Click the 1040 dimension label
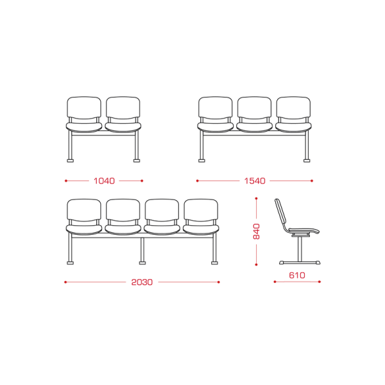pyautogui.click(x=104, y=181)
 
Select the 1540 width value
pyautogui.click(x=255, y=181)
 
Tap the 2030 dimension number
pyautogui.click(x=142, y=282)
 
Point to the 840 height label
pyautogui.click(x=256, y=231)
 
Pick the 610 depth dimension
pyautogui.click(x=297, y=275)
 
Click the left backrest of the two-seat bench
pyautogui.click(x=84, y=108)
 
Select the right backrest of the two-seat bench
pyautogui.click(x=123, y=108)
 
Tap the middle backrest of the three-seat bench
pyautogui.click(x=254, y=108)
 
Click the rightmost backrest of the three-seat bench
pyautogui.click(x=293, y=108)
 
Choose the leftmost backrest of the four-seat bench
pyautogui.click(x=84, y=210)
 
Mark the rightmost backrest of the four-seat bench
pyautogui.click(x=201, y=210)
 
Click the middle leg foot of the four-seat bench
pyautogui.click(x=142, y=263)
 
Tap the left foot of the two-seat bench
pyautogui.click(x=70, y=160)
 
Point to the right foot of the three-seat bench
pyautogui.click(x=307, y=160)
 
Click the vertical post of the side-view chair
pyautogui.click(x=300, y=249)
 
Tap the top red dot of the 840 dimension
pyautogui.click(x=256, y=198)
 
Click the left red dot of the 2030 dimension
pyautogui.click(x=65, y=282)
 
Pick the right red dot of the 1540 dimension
pyautogui.click(x=312, y=181)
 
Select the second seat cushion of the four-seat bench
pyautogui.click(x=123, y=229)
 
